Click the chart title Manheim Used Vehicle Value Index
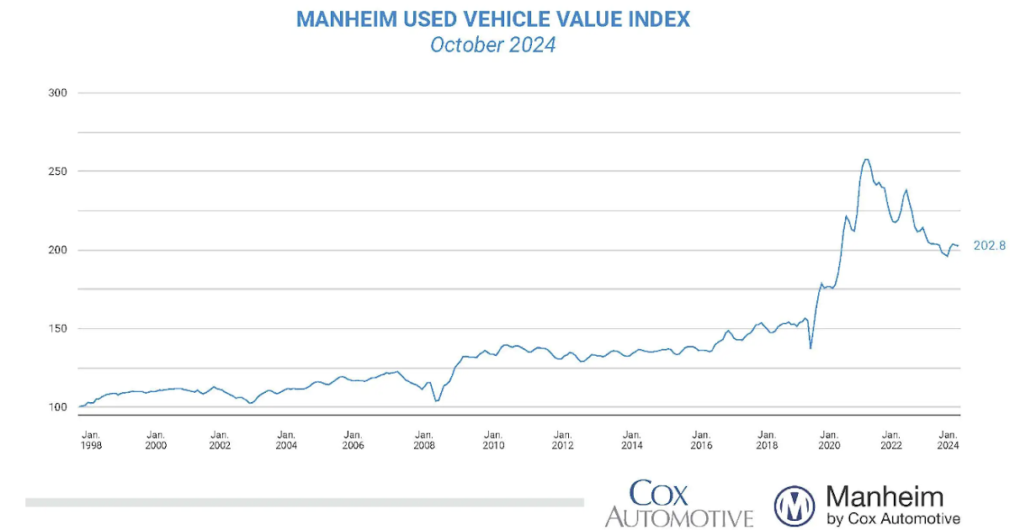tap(492, 19)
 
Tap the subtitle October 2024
tap(492, 45)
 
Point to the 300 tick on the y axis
tap(57, 93)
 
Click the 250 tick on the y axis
tap(57, 171)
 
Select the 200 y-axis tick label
tap(57, 250)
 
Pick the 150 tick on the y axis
tap(57, 329)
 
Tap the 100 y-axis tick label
tap(57, 407)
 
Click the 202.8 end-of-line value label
tap(988, 246)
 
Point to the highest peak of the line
tap(866, 160)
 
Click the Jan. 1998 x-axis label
tap(91, 439)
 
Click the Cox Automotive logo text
tap(678, 503)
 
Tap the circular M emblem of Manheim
tap(795, 506)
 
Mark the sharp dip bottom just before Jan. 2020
tap(810, 347)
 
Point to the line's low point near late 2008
tap(436, 400)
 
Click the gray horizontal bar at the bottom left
tap(303, 502)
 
